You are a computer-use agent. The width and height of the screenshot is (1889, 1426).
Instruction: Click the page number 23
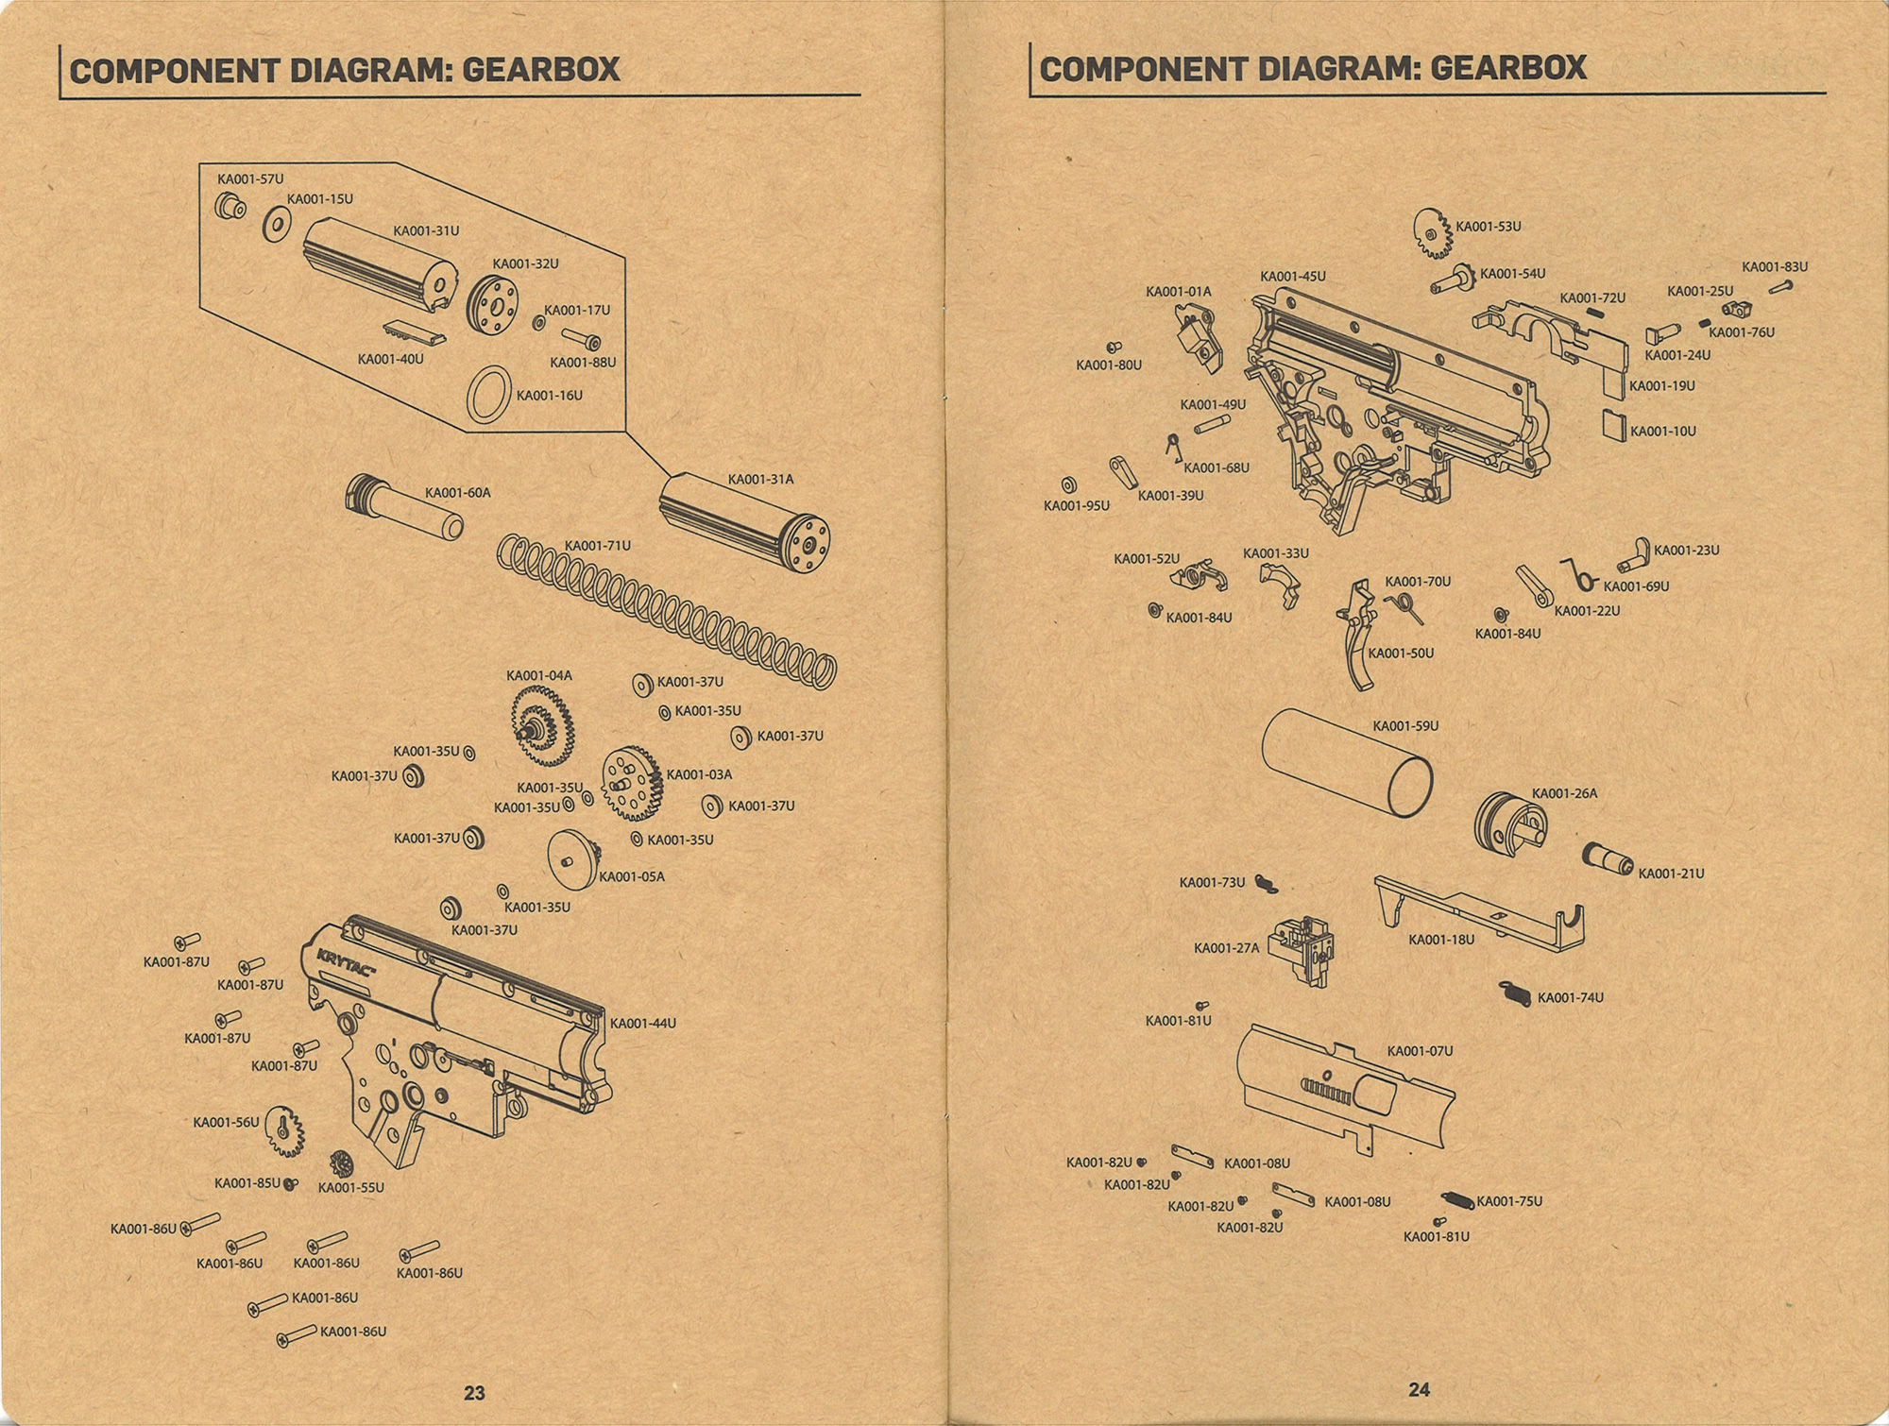pyautogui.click(x=474, y=1392)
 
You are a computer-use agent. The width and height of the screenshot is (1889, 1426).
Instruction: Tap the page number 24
pyautogui.click(x=1419, y=1389)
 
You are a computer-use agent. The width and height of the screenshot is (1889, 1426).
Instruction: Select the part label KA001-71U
pyautogui.click(x=597, y=546)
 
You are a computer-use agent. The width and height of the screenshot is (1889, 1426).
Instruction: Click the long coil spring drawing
pyautogui.click(x=666, y=609)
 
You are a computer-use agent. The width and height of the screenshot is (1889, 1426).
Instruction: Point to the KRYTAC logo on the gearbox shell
pyautogui.click(x=347, y=964)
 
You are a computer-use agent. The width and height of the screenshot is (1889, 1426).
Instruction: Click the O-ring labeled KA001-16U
pyautogui.click(x=489, y=394)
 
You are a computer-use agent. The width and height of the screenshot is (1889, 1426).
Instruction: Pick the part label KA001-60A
pyautogui.click(x=458, y=493)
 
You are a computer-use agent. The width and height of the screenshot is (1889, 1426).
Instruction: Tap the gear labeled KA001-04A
pyautogui.click(x=543, y=726)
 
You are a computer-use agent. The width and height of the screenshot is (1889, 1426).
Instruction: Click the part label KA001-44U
pyautogui.click(x=643, y=1024)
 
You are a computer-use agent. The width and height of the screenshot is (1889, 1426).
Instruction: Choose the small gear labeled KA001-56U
pyautogui.click(x=284, y=1130)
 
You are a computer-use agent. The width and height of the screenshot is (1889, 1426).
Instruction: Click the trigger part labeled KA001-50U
pyautogui.click(x=1356, y=635)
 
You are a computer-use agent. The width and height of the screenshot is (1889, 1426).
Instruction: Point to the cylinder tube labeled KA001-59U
pyautogui.click(x=1347, y=762)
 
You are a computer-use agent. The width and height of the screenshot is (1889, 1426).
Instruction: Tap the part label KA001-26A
pyautogui.click(x=1565, y=793)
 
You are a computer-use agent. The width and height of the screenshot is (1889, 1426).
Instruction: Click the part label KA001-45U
pyautogui.click(x=1293, y=277)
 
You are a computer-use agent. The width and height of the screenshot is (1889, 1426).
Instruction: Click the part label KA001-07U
pyautogui.click(x=1421, y=1051)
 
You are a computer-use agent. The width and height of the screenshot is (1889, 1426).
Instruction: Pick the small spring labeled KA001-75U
pyautogui.click(x=1457, y=1201)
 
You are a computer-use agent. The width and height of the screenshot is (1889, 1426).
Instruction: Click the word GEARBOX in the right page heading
pyautogui.click(x=1508, y=68)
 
